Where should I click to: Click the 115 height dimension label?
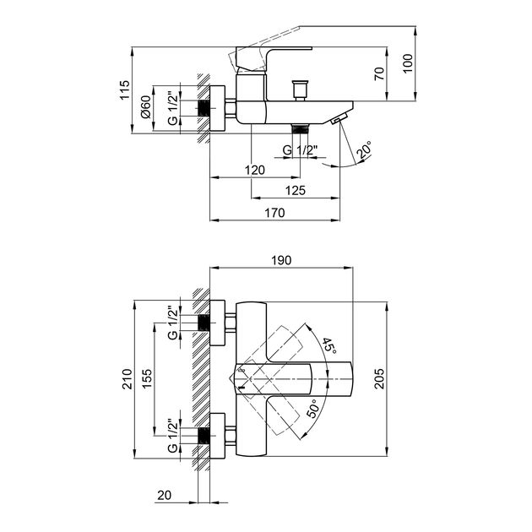[x=125, y=90]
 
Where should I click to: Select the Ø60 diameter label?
[x=145, y=107]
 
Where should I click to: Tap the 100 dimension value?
[x=408, y=63]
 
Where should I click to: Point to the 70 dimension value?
[x=380, y=73]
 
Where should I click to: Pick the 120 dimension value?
[x=255, y=170]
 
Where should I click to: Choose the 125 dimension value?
[x=296, y=190]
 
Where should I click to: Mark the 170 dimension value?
[x=274, y=213]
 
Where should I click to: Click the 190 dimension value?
[x=281, y=260]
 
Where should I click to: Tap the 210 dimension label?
[x=127, y=379]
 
